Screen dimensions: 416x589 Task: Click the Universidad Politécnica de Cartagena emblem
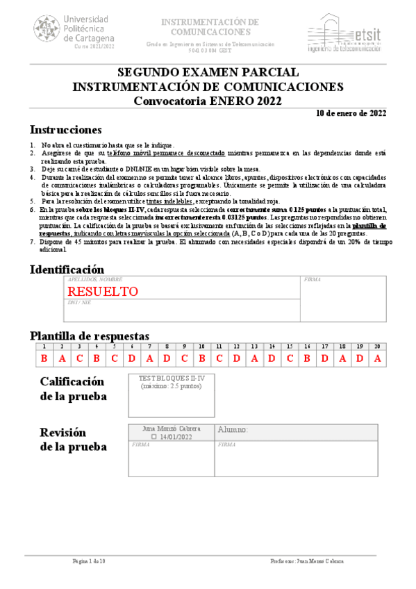click(47, 29)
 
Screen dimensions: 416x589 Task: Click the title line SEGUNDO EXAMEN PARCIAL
click(208, 73)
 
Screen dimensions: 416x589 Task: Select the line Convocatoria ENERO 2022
click(208, 100)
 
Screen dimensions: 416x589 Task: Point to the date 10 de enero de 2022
click(351, 113)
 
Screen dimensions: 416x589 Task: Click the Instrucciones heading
click(66, 130)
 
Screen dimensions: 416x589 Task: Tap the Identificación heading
click(67, 269)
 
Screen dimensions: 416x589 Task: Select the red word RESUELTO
click(102, 291)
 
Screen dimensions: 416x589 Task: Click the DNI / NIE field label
click(79, 303)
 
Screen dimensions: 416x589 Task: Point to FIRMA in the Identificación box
click(313, 279)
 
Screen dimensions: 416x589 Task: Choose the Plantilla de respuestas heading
click(90, 335)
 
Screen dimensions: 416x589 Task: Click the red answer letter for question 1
click(44, 358)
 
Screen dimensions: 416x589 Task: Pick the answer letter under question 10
click(201, 358)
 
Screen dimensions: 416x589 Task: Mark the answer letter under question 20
click(378, 358)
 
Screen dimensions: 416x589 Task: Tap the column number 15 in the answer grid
click(290, 346)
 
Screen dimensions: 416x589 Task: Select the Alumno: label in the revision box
click(233, 429)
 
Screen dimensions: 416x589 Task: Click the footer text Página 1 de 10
click(90, 561)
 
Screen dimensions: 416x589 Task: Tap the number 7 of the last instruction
click(32, 242)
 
